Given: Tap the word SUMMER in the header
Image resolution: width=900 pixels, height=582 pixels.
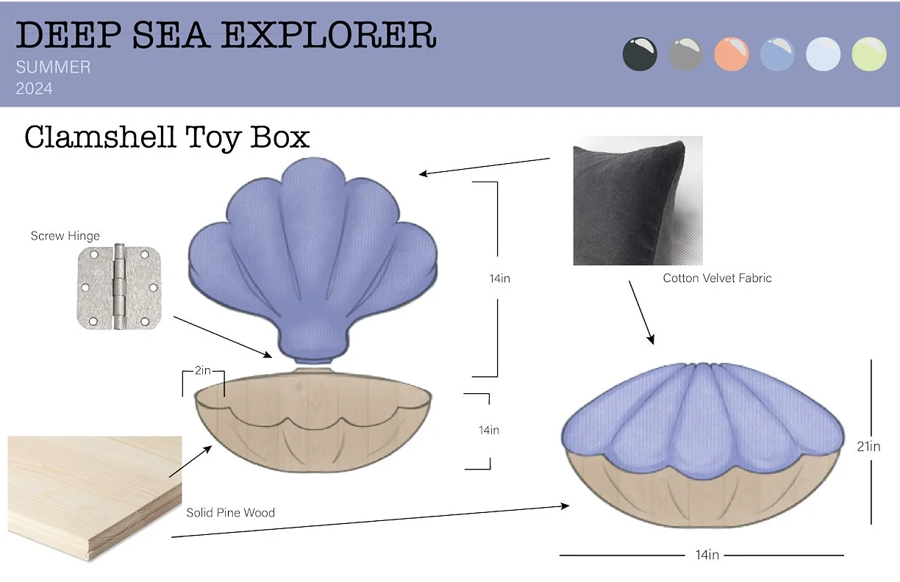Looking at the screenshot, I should click(x=53, y=68).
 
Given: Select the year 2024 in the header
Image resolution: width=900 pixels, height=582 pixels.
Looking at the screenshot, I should click(x=34, y=89).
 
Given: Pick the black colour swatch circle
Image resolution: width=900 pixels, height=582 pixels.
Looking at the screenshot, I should click(x=640, y=54).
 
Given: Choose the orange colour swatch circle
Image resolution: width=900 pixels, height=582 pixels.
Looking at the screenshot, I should click(x=731, y=54).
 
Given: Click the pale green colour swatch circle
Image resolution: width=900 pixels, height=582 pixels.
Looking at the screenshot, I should click(x=868, y=54).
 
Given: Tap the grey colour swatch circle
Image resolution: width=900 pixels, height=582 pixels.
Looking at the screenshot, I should click(x=685, y=54).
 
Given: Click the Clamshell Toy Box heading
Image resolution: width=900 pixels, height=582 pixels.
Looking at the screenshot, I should click(x=167, y=137).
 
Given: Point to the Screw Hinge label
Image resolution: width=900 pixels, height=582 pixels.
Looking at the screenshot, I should click(x=65, y=236).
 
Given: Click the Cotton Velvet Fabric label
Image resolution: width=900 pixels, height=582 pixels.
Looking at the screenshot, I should click(x=717, y=278).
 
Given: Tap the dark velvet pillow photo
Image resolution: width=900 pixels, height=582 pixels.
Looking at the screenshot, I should click(x=637, y=200).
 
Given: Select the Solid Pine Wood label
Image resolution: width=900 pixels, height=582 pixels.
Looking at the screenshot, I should click(x=230, y=512).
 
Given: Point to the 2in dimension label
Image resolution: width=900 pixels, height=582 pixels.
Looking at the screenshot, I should click(x=203, y=370).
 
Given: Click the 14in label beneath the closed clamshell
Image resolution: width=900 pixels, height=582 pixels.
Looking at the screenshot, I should click(x=707, y=555).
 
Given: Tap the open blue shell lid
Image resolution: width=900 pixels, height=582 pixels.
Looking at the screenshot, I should click(x=314, y=257).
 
